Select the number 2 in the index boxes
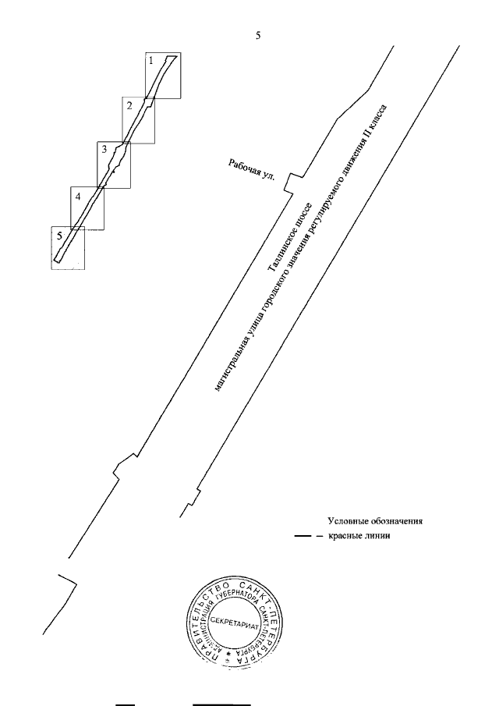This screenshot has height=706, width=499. (129, 104)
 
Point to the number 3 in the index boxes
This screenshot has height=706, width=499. (103, 148)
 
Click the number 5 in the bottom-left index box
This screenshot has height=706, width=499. (58, 234)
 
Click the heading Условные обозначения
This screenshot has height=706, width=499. (374, 520)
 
